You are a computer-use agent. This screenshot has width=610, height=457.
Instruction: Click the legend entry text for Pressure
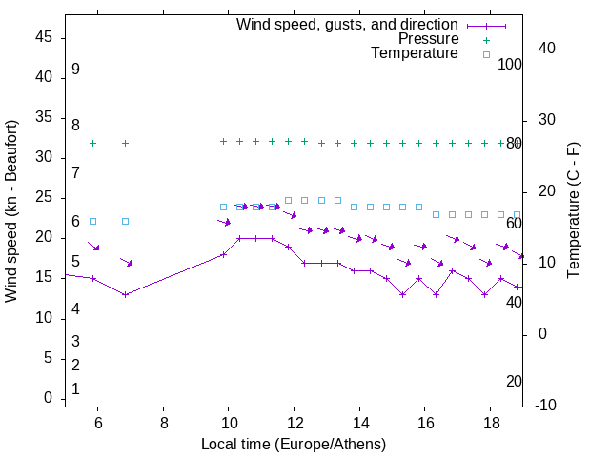(x=428, y=39)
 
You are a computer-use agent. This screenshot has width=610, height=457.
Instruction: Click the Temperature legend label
(x=415, y=53)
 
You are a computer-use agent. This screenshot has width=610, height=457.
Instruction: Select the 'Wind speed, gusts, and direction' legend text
(x=348, y=24)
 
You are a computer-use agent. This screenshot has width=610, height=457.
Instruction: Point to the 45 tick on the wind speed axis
(x=43, y=37)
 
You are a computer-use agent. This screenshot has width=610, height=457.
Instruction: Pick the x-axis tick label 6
(x=98, y=423)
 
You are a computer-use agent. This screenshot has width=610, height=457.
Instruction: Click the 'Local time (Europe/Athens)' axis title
(x=294, y=444)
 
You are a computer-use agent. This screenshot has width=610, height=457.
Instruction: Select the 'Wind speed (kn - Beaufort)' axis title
(x=11, y=211)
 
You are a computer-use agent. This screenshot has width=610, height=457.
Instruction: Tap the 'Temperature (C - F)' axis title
(x=573, y=211)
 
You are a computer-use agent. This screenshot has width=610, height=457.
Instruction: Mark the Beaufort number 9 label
(x=75, y=70)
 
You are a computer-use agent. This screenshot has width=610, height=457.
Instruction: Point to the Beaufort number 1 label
(x=75, y=388)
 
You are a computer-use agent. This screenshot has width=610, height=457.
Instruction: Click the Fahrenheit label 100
(x=511, y=64)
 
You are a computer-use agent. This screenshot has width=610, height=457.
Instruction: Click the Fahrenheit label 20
(x=514, y=381)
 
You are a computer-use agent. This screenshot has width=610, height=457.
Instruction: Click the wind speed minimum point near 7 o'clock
(x=125, y=294)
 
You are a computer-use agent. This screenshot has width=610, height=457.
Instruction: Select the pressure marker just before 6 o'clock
(x=92, y=143)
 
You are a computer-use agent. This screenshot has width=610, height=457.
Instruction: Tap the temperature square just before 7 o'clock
(x=125, y=221)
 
